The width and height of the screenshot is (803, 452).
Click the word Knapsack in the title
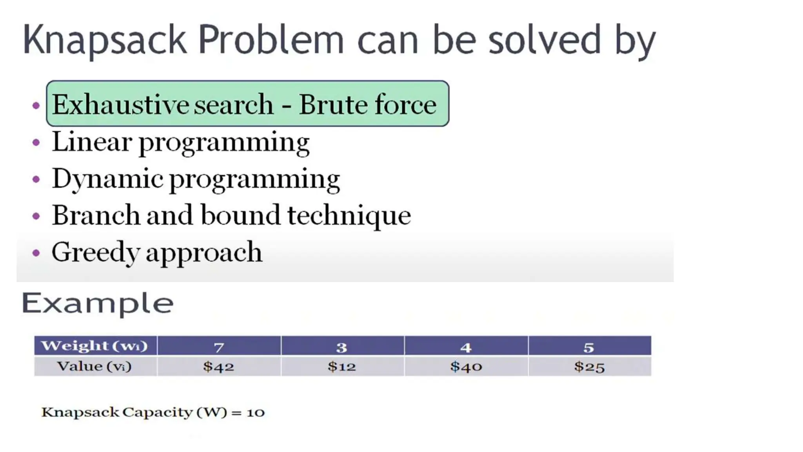(104, 40)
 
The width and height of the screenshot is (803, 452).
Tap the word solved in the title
(544, 40)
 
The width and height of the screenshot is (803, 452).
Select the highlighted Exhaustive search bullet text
(163, 105)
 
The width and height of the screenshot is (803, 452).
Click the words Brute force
(367, 105)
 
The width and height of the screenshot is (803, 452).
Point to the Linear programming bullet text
(181, 142)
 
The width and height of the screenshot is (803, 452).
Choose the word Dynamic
(107, 179)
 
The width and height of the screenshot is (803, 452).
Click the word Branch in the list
(96, 215)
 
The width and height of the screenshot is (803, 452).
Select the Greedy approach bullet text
(157, 252)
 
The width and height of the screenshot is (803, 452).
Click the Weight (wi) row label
(94, 346)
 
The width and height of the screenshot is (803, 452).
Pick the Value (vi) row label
(94, 366)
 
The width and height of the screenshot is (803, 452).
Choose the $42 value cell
(219, 367)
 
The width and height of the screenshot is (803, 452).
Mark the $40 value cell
(466, 367)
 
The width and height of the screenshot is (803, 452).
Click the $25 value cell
(589, 367)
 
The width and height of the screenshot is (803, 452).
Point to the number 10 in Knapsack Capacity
(256, 413)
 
